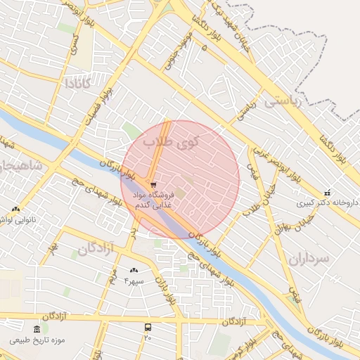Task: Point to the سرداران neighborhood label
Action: coord(309,259)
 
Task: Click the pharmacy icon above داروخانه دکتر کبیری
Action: coord(326,193)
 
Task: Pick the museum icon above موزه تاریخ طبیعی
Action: coord(37,330)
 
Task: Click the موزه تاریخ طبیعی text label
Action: coord(37,340)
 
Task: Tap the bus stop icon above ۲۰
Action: coord(148,328)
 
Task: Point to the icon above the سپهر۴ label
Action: coord(134,271)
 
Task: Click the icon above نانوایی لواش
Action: coord(15,209)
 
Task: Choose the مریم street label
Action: coord(110,274)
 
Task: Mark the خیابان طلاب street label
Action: coord(249,209)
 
